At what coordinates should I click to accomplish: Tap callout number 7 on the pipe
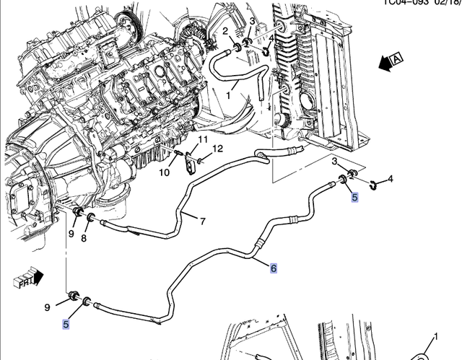pyautogui.click(x=203, y=221)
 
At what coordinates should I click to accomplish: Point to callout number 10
pyautogui.click(x=165, y=172)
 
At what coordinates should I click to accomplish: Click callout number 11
pyautogui.click(x=203, y=139)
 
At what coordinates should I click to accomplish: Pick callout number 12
pyautogui.click(x=218, y=149)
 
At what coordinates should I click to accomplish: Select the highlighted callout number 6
pyautogui.click(x=274, y=268)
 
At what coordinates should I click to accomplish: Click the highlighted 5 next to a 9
pyautogui.click(x=65, y=324)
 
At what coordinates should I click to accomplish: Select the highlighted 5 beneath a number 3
pyautogui.click(x=354, y=196)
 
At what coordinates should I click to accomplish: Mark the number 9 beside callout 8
pyautogui.click(x=71, y=233)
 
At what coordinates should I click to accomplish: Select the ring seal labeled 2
pyautogui.click(x=235, y=48)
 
